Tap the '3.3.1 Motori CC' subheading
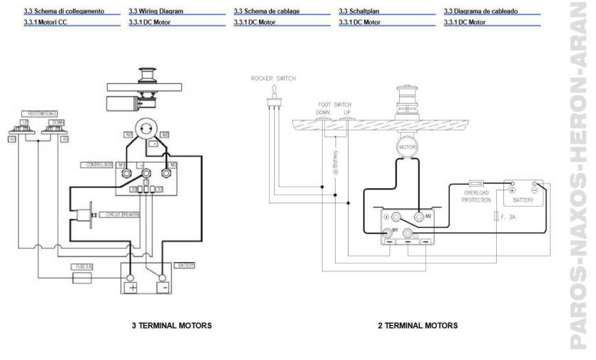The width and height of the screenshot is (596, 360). click(x=45, y=22)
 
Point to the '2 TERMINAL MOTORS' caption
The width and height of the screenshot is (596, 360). click(x=418, y=325)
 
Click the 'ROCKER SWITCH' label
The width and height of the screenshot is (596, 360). click(x=273, y=78)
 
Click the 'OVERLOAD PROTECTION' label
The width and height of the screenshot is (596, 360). click(x=476, y=196)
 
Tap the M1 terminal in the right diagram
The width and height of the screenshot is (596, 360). click(x=387, y=231)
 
